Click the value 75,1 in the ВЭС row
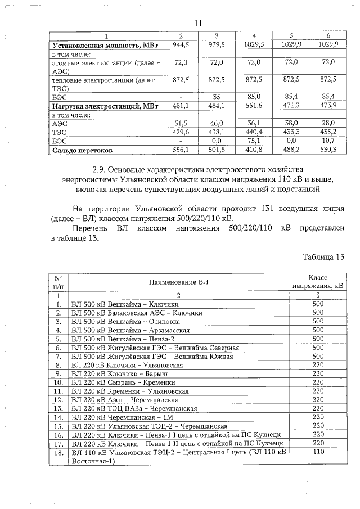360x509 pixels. (x=253, y=141)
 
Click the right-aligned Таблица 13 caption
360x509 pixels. (x=323, y=258)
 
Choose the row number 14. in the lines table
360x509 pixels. (x=57, y=417)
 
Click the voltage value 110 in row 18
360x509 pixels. (x=318, y=452)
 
